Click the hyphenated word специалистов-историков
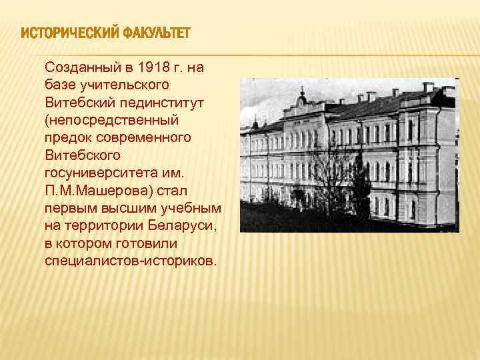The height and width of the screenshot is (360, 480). (x=131, y=259)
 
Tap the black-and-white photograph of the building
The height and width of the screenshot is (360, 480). (x=348, y=155)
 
